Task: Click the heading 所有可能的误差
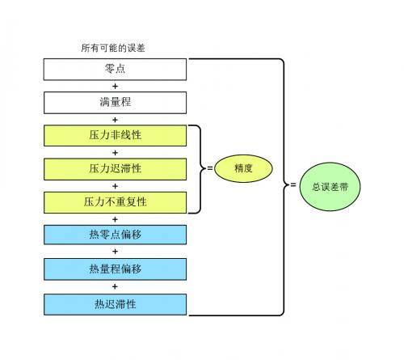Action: pos(113,48)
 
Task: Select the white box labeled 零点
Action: pos(115,70)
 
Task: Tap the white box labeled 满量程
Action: pos(115,103)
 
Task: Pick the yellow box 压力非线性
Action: pos(115,136)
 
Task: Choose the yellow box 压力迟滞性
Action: pos(115,169)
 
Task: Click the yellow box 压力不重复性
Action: pos(115,202)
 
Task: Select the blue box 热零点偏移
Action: pos(115,235)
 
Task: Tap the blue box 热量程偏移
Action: pos(115,269)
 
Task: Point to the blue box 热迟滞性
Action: pos(115,304)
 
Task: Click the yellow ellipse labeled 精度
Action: pos(243,168)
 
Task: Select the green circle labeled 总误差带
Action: pos(330,187)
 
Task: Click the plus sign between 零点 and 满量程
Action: pos(115,87)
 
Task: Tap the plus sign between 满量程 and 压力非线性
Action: pos(115,120)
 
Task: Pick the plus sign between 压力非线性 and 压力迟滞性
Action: pos(115,153)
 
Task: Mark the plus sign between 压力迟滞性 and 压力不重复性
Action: pos(115,186)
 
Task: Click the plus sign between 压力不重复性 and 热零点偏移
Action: pos(115,219)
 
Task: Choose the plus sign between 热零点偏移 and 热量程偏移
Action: pos(115,252)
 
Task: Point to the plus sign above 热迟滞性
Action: pos(115,286)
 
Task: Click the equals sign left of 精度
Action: pos(210,168)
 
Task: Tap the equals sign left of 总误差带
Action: pos(293,185)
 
